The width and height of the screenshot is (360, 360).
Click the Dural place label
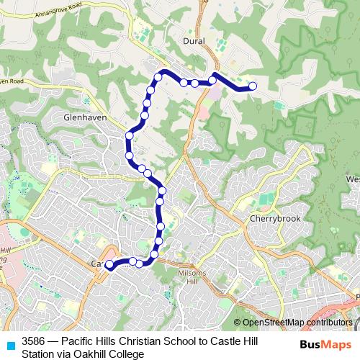194,41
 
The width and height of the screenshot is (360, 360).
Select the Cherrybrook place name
269,218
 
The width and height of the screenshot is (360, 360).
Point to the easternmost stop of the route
253,86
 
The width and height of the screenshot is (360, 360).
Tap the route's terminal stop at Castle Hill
109,265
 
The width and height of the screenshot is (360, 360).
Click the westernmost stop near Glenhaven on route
129,135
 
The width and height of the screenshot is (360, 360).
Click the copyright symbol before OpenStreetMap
238,323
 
